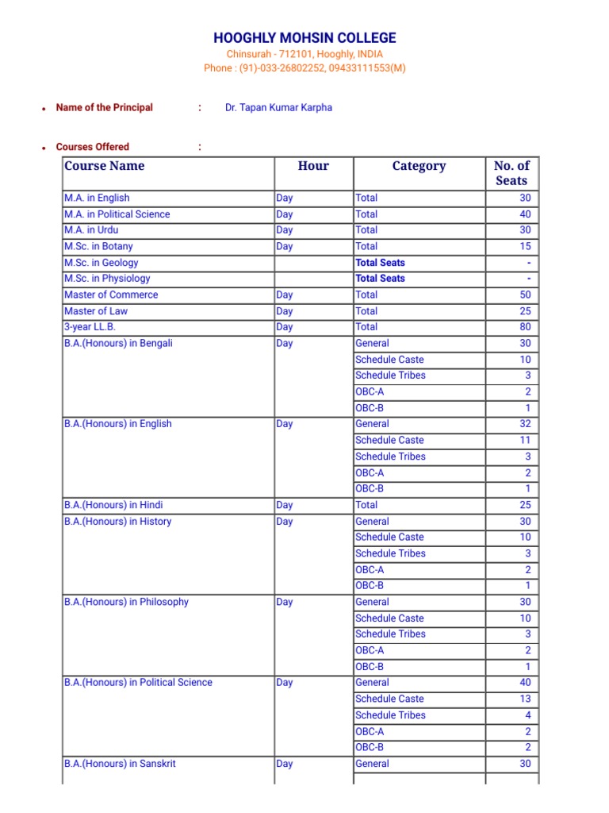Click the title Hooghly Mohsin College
tap(304, 38)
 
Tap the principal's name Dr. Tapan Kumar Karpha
tap(278, 107)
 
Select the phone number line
tap(304, 68)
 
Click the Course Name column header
tap(105, 166)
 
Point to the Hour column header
tap(313, 166)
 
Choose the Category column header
tap(419, 166)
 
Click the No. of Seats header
tap(511, 173)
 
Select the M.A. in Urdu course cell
tap(91, 230)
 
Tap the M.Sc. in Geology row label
tap(101, 263)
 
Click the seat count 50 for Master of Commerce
tap(525, 295)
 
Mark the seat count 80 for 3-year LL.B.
tap(525, 327)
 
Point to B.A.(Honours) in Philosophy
tap(126, 602)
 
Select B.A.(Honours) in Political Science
tap(138, 683)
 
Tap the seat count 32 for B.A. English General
tap(525, 424)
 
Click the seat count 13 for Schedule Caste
tap(525, 699)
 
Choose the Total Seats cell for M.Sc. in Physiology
tap(380, 279)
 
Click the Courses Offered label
tap(92, 147)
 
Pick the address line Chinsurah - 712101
tap(304, 54)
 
